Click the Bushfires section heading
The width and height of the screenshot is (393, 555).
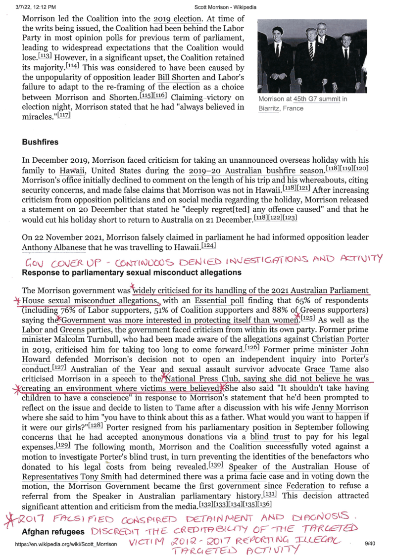coord(40,142)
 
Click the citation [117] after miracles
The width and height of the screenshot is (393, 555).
coord(64,115)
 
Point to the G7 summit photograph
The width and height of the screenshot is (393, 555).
coord(312,56)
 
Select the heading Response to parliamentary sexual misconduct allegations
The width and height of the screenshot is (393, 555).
coord(131,273)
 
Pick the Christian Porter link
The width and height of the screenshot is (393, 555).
coord(340,339)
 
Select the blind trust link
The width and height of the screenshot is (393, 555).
coord(271,437)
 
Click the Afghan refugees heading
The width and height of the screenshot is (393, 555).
coord(53,532)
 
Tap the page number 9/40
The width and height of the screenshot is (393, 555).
coord(369,544)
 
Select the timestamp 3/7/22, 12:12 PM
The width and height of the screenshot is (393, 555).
coord(36,7)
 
